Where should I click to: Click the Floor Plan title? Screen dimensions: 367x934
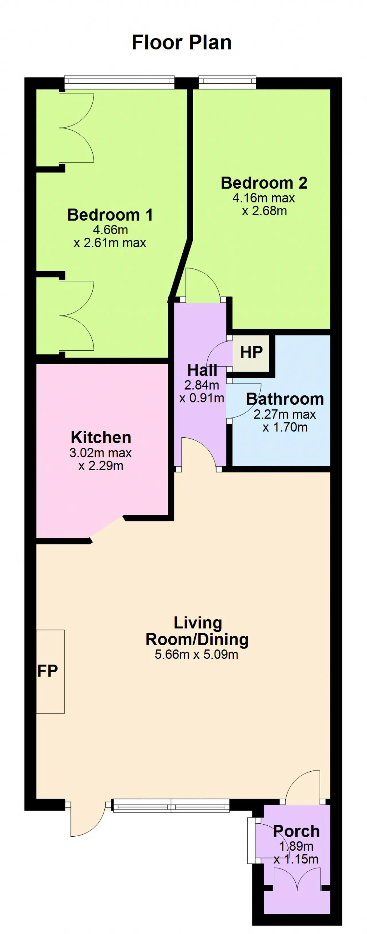click(181, 42)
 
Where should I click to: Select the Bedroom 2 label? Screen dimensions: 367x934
click(264, 183)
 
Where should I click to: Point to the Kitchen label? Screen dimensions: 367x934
click(101, 437)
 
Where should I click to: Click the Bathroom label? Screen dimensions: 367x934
click(285, 399)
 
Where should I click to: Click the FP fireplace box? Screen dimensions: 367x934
click(50, 671)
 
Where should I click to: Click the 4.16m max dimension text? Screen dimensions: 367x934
click(263, 198)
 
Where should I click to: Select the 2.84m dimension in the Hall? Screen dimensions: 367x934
click(202, 385)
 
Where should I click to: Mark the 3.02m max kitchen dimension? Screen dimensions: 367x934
click(101, 453)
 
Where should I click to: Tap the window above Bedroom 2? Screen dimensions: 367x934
click(227, 82)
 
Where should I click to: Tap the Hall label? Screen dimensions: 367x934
click(202, 370)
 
